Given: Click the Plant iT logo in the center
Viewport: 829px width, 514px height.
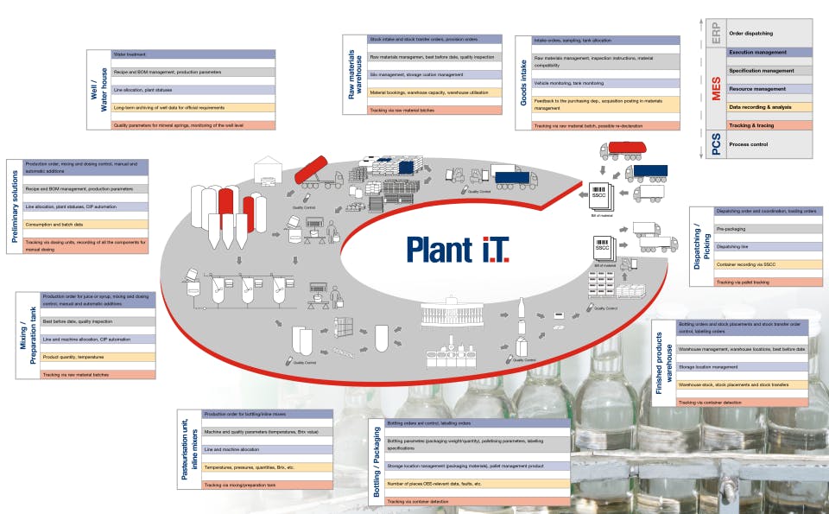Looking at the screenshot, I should [458, 248].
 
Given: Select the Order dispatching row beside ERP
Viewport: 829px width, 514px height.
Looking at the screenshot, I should [768, 33].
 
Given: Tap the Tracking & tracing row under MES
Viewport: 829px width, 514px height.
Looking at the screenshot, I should [768, 125].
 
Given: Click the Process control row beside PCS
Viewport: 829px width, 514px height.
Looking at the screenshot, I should [768, 144].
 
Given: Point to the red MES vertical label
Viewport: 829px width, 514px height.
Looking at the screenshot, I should [716, 88].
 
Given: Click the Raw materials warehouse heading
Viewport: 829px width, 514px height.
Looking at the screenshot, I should [352, 74].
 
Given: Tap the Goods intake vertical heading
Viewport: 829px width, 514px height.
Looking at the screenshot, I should [523, 82].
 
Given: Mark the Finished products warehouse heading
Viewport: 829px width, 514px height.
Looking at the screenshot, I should [664, 363].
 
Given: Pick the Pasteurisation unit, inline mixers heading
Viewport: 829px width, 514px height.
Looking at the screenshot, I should [187, 450].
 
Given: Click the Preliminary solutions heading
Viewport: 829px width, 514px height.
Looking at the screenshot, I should [16, 206].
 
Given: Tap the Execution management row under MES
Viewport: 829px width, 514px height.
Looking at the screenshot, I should [768, 52].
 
